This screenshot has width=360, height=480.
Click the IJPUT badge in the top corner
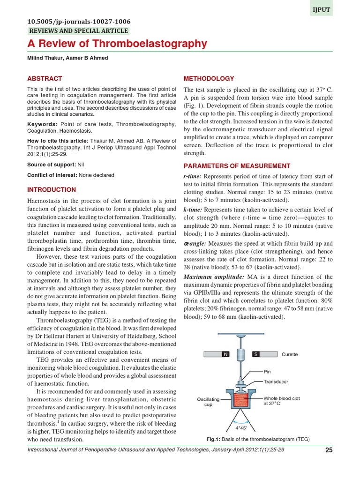[x=321, y=8]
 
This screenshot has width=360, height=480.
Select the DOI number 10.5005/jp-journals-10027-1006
[x=79, y=22]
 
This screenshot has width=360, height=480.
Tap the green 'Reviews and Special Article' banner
[x=78, y=31]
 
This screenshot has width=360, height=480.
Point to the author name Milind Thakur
[x=40, y=58]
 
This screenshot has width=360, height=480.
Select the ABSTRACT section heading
[x=45, y=79]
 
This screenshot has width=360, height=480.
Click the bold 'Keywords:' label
[x=43, y=124]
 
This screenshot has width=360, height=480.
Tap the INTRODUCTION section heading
[x=52, y=190]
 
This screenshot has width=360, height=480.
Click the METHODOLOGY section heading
[x=209, y=79]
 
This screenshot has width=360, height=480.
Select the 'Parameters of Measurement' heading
[x=237, y=166]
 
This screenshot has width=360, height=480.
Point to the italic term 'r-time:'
[x=192, y=175]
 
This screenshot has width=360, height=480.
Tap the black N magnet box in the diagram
[x=225, y=354]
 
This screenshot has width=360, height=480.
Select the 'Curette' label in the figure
[x=289, y=354]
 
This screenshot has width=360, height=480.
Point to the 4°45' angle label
[x=242, y=427]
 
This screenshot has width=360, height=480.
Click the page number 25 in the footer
[x=328, y=451]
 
